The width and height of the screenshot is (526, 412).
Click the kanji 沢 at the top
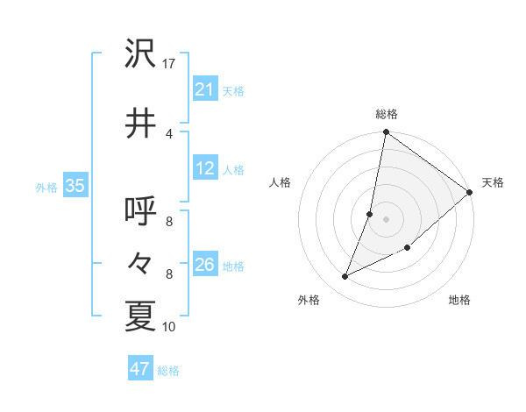tap(140, 55)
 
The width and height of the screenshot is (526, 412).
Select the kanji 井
tap(140, 124)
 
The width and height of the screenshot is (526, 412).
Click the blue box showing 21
tap(205, 89)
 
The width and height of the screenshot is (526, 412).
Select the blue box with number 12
tap(205, 169)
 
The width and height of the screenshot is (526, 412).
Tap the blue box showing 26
tap(205, 266)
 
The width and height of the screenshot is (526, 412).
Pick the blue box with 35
tap(75, 186)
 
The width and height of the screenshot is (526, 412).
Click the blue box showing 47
tap(140, 369)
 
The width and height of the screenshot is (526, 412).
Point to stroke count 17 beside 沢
tap(169, 64)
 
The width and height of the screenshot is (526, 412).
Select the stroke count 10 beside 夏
tap(169, 327)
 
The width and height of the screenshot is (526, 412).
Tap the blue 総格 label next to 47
tap(168, 371)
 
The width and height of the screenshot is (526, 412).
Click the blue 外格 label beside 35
tap(46, 187)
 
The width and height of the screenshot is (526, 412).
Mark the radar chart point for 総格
tap(386, 133)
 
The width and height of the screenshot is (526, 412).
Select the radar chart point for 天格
tap(469, 193)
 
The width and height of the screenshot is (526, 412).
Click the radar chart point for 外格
tap(345, 277)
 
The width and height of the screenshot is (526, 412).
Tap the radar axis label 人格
tap(281, 182)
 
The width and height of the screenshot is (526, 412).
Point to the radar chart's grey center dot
tap(386, 219)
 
